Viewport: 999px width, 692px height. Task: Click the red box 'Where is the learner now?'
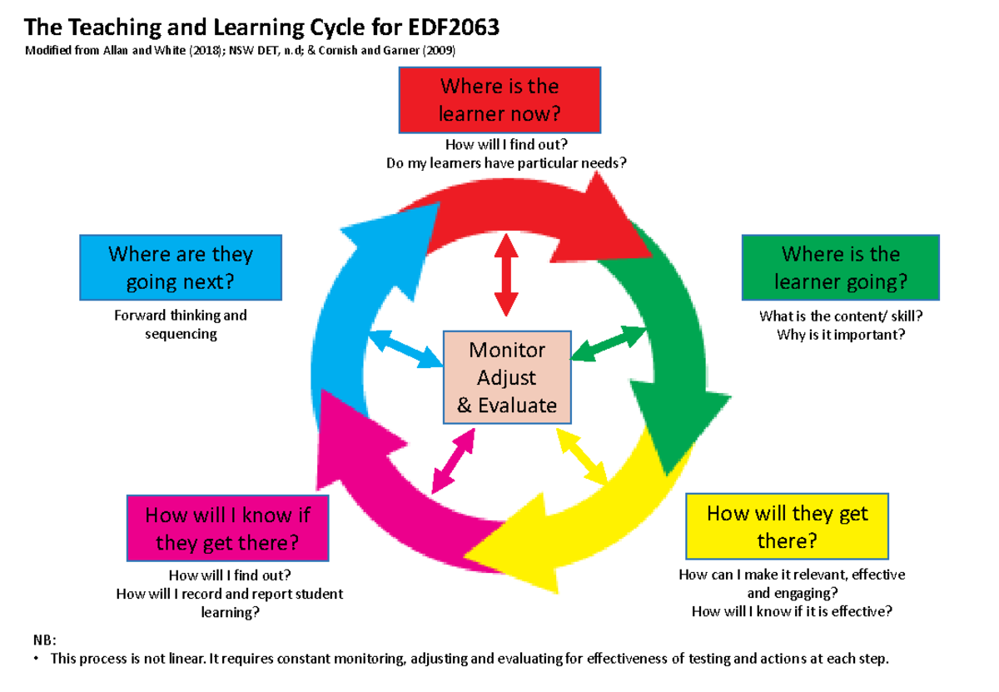pos(499,99)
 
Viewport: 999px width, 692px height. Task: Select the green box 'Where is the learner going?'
pos(840,267)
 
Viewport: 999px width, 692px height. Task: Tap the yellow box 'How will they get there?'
pos(787,527)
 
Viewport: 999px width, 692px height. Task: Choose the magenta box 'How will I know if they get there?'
pos(227,529)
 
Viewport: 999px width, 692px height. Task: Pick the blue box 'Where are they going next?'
pos(181,267)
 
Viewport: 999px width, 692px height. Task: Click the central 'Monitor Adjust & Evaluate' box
pos(507,377)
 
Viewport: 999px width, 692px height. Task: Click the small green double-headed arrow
pos(609,344)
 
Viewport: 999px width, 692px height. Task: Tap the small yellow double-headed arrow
pos(583,456)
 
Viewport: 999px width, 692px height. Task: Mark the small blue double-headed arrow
pos(405,349)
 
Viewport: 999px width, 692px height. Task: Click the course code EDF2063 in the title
pos(452,28)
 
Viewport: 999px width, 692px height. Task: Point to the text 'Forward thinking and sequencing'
pos(181,325)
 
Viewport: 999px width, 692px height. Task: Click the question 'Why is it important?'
pos(840,335)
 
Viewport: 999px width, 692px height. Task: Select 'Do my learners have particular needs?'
pos(506,163)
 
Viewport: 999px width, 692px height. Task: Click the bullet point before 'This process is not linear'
pos(36,660)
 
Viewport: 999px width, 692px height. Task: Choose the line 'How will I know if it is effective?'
pos(792,611)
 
